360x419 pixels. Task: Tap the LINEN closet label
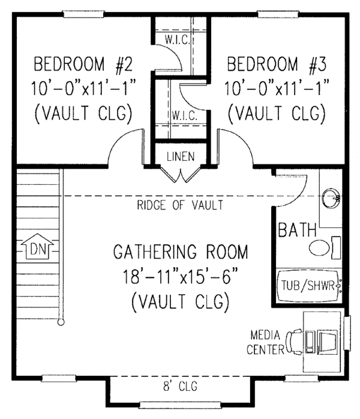point(181,157)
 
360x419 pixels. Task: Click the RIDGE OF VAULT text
point(180,206)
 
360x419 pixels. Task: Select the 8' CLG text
point(181,385)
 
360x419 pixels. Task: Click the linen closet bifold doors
point(181,175)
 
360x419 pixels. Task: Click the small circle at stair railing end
point(60,323)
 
